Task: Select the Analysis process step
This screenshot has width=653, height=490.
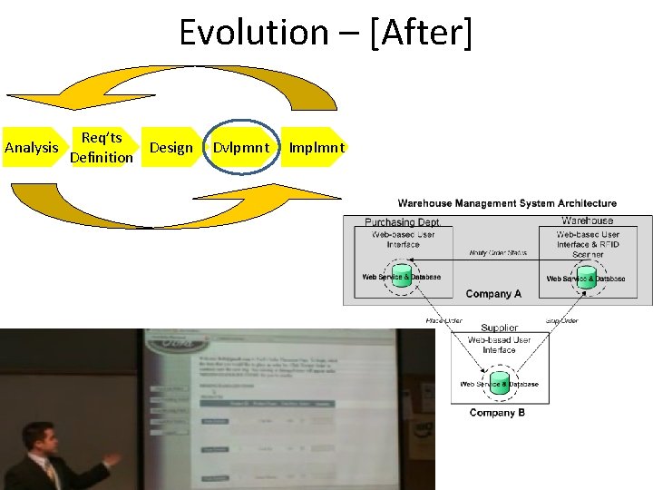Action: coord(32,148)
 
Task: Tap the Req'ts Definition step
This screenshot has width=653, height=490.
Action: coord(102,147)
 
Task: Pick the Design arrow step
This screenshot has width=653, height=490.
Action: coord(171,148)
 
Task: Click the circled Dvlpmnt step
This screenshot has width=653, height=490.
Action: coord(241,147)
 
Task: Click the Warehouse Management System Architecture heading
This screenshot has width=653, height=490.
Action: coord(507,203)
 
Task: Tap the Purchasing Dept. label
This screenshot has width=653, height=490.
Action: coord(402,221)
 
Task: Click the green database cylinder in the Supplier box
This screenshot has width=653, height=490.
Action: coord(499,381)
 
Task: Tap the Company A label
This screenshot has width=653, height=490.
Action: coord(493,294)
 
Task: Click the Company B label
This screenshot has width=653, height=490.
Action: coord(498,413)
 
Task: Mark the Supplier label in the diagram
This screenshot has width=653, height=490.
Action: coord(499,328)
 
